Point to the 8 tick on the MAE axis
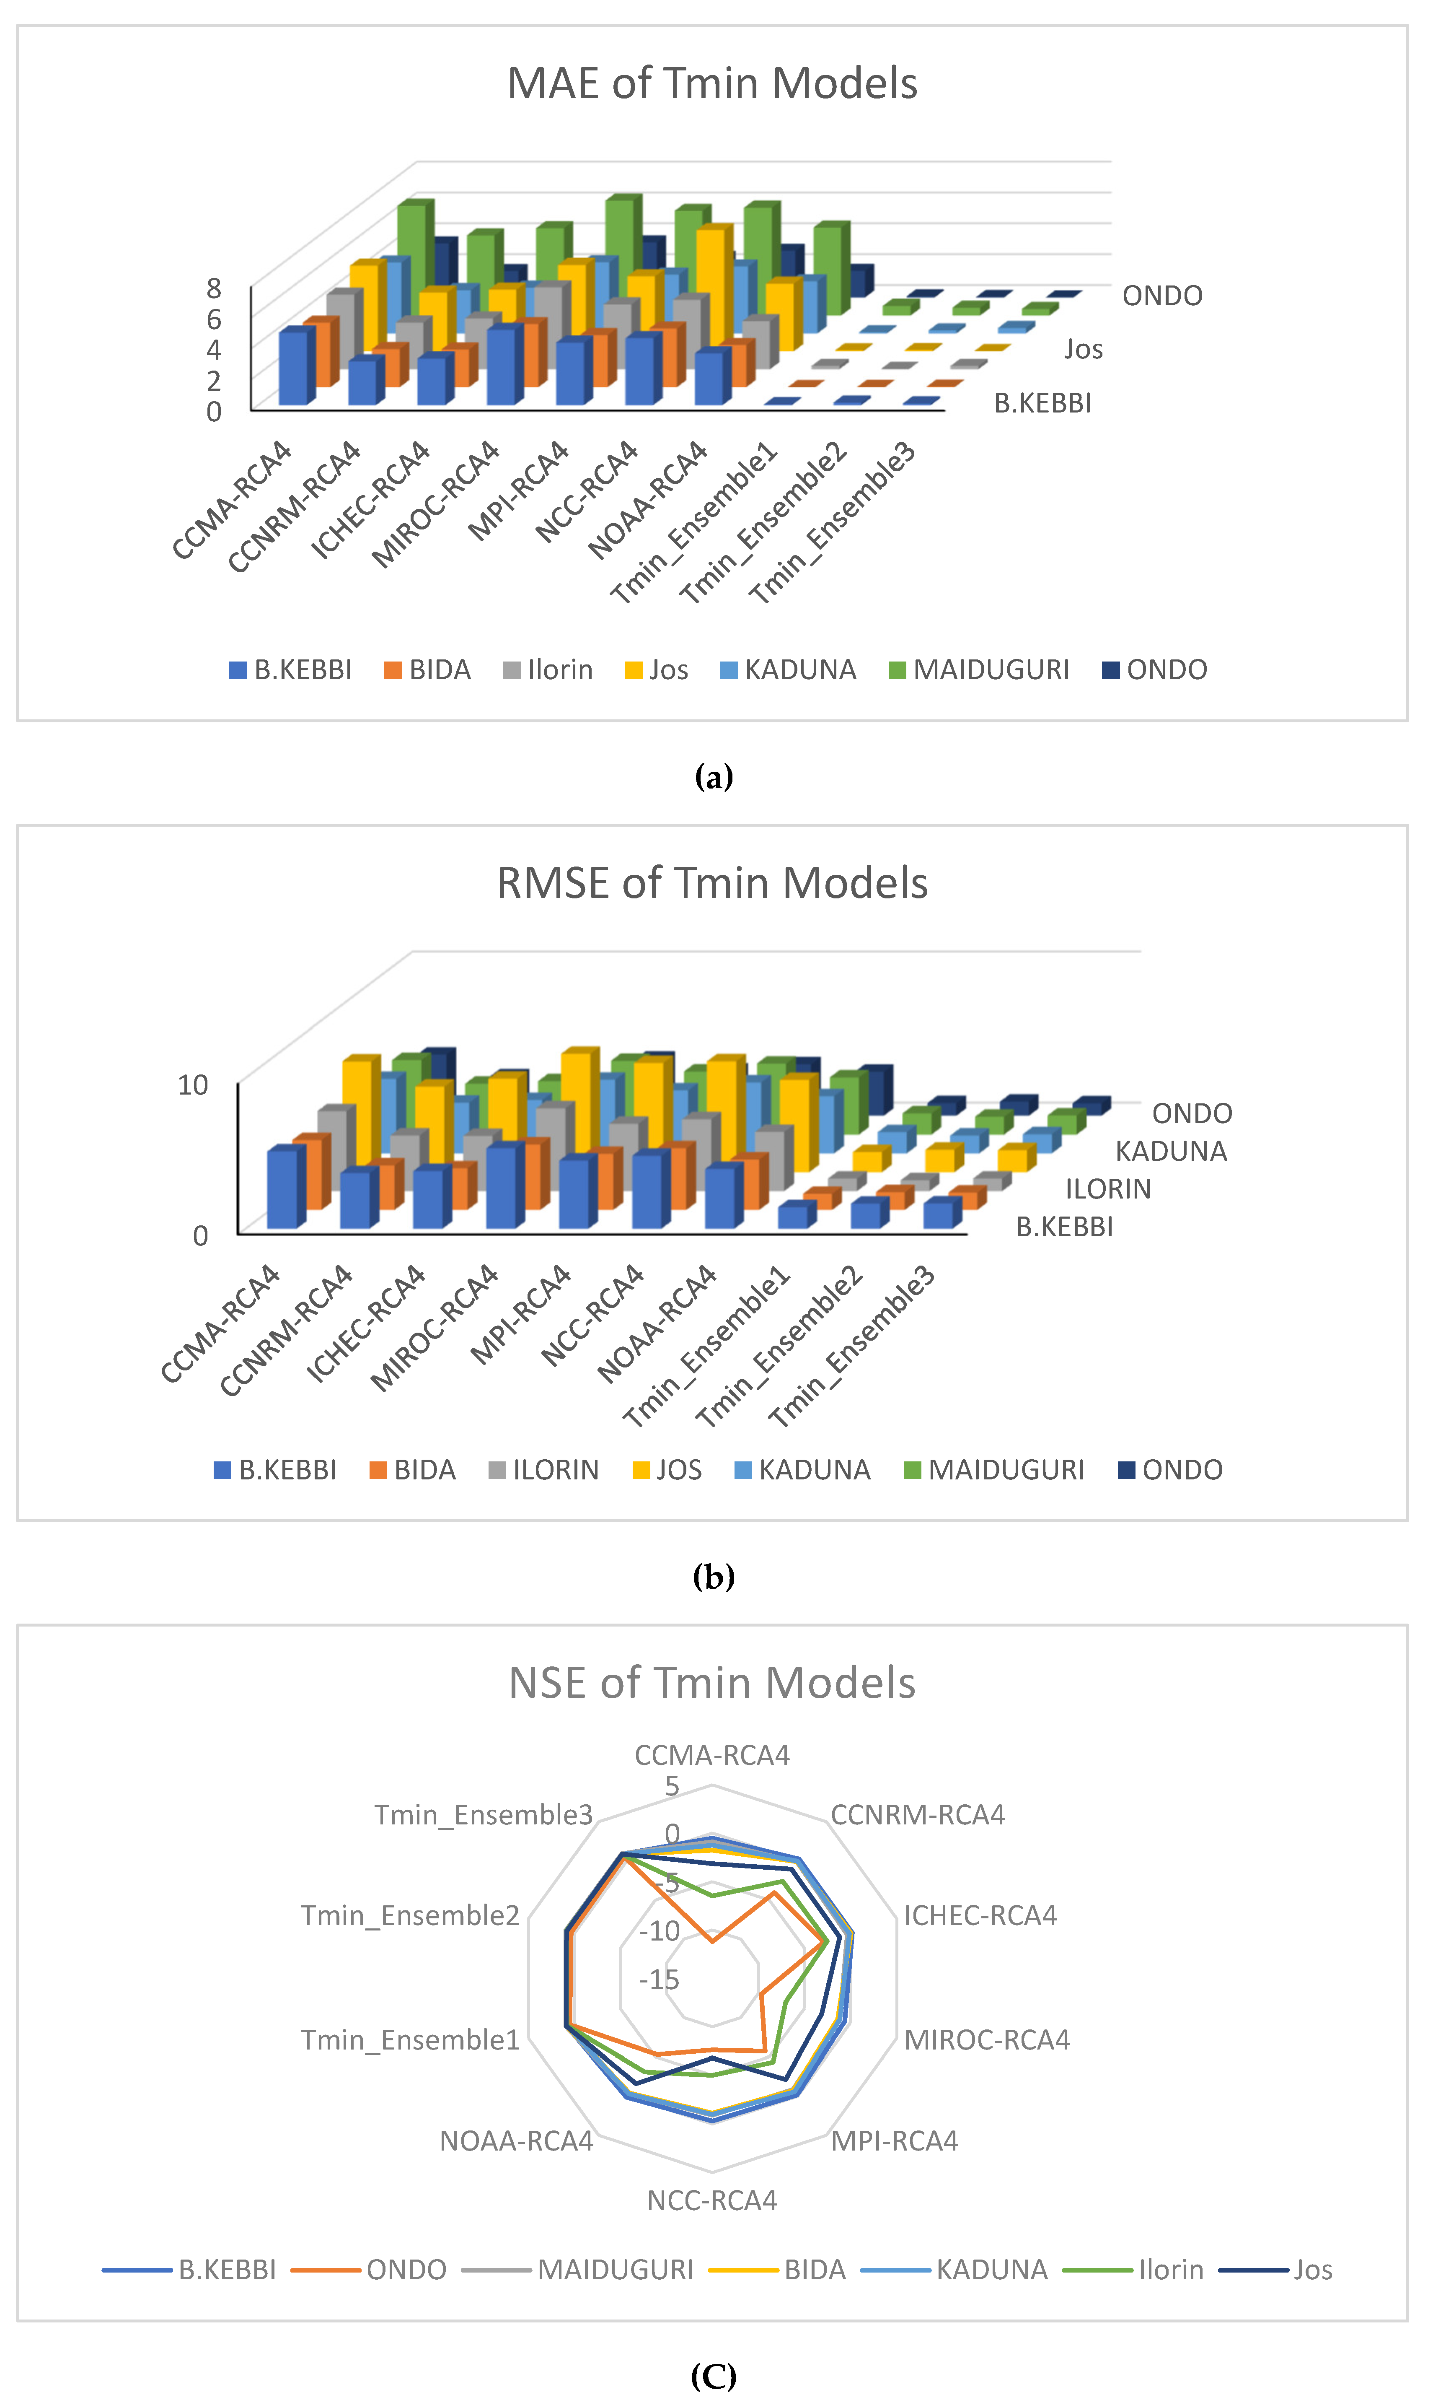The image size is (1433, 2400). pos(213,288)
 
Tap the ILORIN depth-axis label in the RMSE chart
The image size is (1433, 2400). pos(1107,1189)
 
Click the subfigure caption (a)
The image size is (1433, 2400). pos(714,776)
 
